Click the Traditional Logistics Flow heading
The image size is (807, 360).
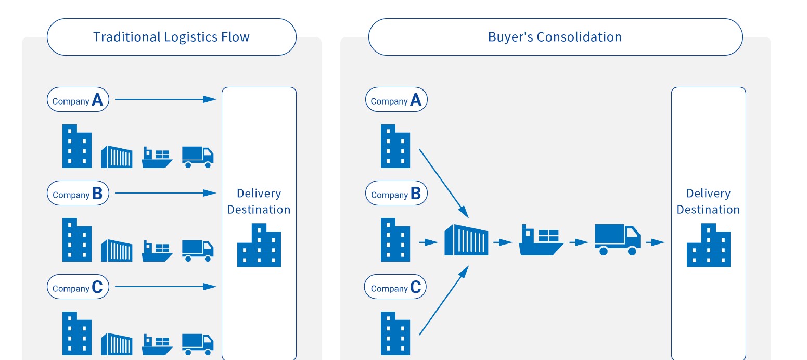pos(171,37)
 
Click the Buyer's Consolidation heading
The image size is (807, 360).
pos(555,37)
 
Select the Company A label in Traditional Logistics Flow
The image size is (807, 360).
pos(78,99)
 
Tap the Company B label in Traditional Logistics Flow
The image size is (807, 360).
pos(78,193)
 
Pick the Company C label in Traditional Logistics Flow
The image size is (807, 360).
pos(78,287)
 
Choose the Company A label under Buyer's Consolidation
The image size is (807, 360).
pos(396,99)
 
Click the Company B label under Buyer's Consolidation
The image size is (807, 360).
pos(396,193)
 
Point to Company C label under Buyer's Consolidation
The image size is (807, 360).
pos(395,287)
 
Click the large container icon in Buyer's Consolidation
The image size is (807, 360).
pos(467,240)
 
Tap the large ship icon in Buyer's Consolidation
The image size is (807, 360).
pos(541,240)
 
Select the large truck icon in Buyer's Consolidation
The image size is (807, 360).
pos(618,240)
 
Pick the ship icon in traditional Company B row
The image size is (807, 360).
pos(157,251)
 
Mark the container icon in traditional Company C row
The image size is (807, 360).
pos(117,344)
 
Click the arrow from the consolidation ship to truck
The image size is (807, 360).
pos(579,242)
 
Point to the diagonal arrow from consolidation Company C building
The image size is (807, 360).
pos(443,301)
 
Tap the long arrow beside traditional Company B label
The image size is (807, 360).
pos(165,193)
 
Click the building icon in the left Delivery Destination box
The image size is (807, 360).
pos(259,245)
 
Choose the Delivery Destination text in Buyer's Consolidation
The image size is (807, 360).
pos(708,201)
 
